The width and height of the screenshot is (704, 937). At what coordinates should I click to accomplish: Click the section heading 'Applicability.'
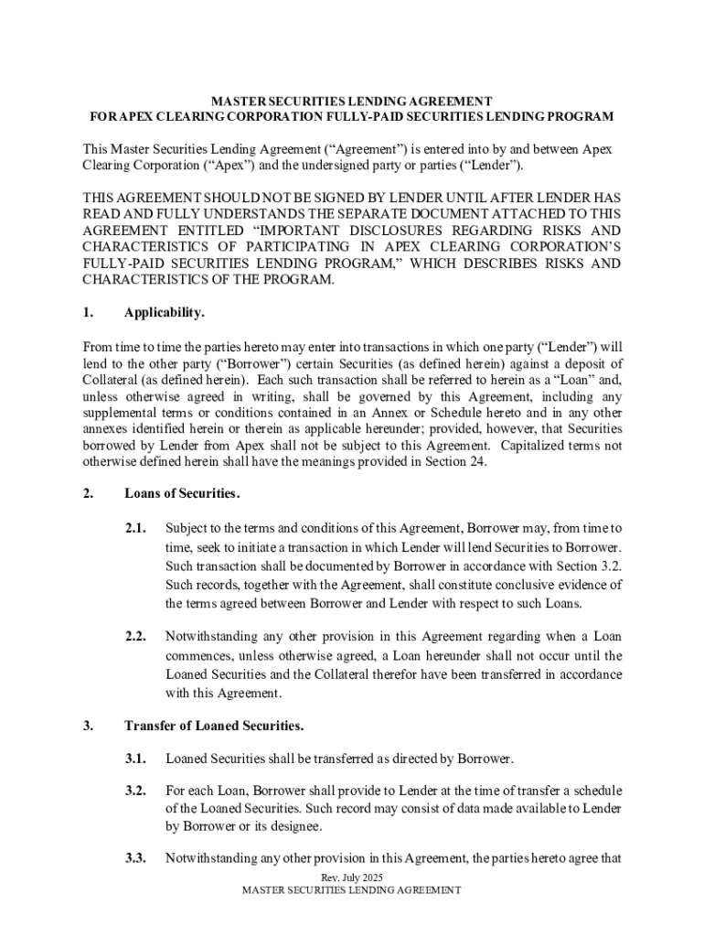[x=165, y=313]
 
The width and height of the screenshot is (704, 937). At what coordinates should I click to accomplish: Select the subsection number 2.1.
[x=136, y=528]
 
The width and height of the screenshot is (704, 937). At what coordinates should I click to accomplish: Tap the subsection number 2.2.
[x=136, y=636]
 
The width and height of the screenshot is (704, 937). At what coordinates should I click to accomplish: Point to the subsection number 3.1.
[x=136, y=759]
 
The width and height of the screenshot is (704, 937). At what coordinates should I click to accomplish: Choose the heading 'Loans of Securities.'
[x=182, y=494]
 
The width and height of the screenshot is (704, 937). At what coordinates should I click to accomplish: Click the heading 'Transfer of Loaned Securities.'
[x=214, y=726]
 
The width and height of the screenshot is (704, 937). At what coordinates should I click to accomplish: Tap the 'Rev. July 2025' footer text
[x=352, y=878]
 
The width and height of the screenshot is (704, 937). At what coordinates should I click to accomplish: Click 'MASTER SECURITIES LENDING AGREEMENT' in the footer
[x=352, y=890]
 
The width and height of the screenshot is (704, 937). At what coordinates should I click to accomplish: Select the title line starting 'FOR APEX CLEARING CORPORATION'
[x=352, y=117]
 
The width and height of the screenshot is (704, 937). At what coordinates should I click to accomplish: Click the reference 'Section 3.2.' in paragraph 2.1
[x=589, y=565]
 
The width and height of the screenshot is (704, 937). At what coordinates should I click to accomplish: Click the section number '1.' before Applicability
[x=88, y=313]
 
